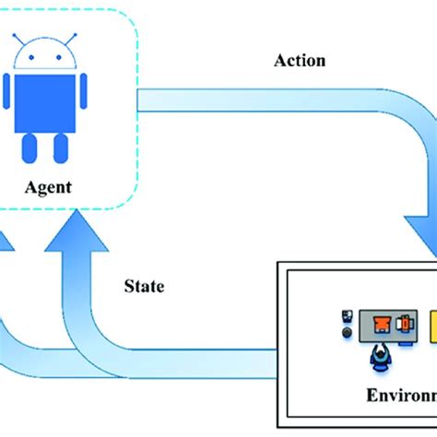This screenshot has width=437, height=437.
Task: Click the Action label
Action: pyautogui.click(x=300, y=62)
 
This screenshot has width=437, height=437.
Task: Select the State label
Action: pyautogui.click(x=144, y=286)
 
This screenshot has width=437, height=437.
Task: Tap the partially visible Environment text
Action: pyautogui.click(x=399, y=396)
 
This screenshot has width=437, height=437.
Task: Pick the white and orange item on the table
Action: pyautogui.click(x=404, y=324)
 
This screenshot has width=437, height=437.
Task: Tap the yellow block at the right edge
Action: pyautogui.click(x=431, y=324)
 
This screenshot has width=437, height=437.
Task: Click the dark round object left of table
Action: pyautogui.click(x=347, y=332)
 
